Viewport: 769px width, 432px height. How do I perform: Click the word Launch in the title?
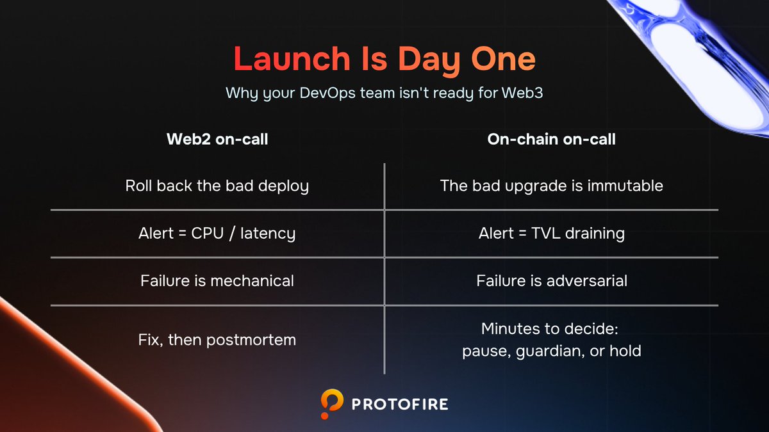292,59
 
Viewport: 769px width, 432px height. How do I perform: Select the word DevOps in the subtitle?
327,93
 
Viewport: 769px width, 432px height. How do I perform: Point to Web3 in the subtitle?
522,93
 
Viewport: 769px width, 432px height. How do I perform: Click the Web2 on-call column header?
217,140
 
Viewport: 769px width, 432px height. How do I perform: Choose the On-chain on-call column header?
551,140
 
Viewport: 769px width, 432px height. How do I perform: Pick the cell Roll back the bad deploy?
217,186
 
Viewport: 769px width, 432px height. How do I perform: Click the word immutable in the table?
625,186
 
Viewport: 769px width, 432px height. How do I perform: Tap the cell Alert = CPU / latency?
217,234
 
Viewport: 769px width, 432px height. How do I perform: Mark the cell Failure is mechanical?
217,281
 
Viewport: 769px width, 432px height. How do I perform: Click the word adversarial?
587,281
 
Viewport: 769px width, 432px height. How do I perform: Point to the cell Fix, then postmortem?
217,340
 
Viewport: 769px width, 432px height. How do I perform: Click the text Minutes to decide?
550,328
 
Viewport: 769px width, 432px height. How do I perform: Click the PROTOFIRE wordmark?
400,404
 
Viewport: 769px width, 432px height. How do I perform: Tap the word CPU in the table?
208,234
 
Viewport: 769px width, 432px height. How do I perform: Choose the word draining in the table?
595,234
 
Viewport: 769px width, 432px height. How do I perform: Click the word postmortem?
251,340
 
